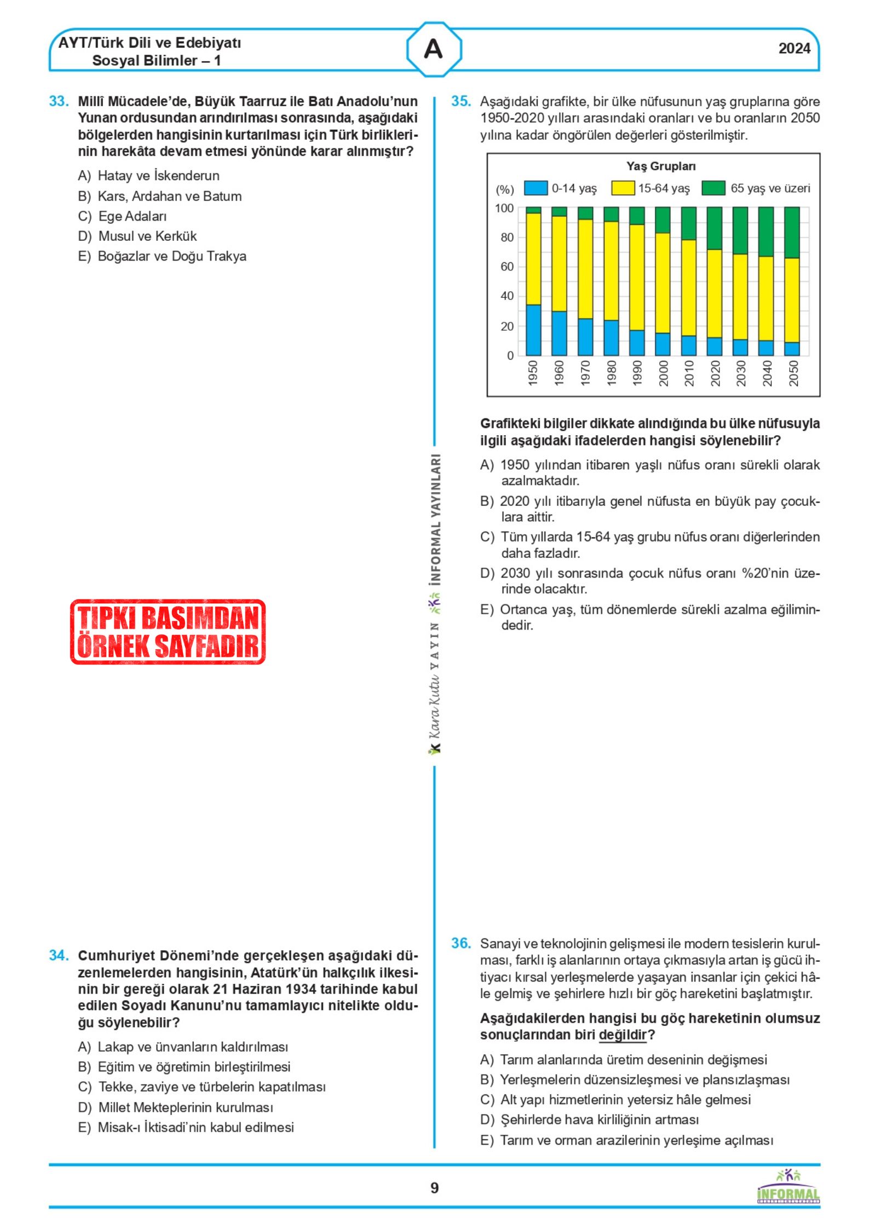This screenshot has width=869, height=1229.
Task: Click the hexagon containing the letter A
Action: (434, 49)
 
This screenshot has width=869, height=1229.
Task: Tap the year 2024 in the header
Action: (794, 49)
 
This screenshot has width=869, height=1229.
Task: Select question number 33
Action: (59, 101)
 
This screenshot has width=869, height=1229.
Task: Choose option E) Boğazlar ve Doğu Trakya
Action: (162, 256)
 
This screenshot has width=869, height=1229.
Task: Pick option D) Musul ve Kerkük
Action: (137, 236)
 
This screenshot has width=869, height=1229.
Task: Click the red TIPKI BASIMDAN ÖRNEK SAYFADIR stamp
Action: (168, 632)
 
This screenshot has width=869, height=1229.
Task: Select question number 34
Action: (59, 956)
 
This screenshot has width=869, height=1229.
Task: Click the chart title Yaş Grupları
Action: (661, 166)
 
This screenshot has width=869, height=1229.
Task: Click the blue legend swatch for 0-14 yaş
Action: (536, 188)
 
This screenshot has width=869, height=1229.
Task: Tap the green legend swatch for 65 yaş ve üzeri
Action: (713, 188)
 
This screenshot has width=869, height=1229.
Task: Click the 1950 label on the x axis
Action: (533, 373)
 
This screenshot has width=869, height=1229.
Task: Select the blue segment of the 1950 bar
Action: (533, 330)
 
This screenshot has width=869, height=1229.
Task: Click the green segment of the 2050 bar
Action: (792, 232)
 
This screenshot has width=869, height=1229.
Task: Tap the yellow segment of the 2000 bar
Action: (663, 282)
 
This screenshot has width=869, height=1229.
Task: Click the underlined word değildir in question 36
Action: (623, 1035)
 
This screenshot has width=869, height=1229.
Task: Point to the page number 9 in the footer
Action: (434, 1188)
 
